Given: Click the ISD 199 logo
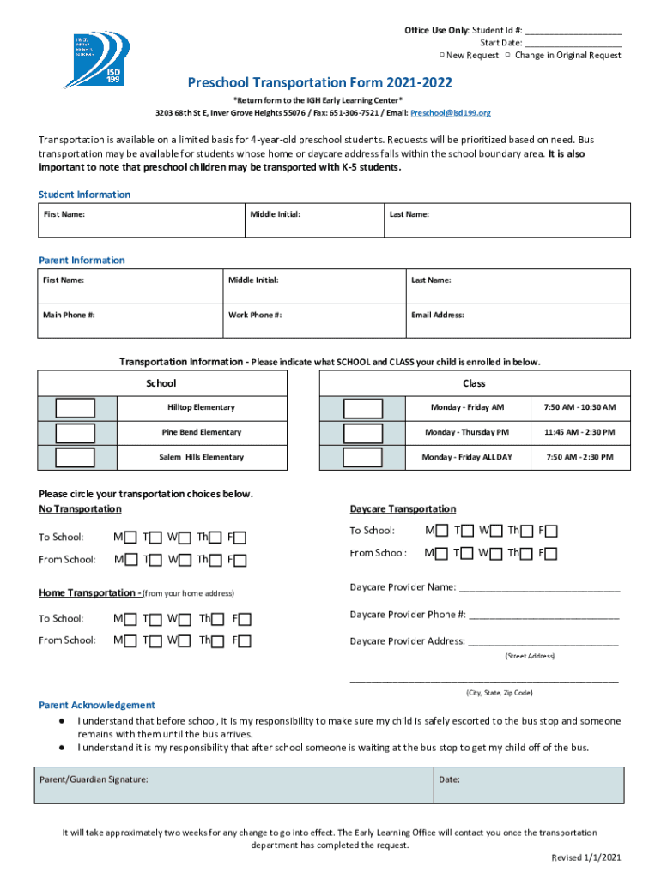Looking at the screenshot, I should point(98,60).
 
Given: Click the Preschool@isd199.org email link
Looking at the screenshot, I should point(450,113).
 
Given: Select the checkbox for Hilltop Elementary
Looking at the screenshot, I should point(76,407).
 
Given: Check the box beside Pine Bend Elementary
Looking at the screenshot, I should point(76,432).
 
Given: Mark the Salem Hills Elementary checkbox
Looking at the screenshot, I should point(76,457).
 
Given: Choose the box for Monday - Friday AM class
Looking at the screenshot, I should point(362,407).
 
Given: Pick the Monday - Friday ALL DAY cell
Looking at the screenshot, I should point(466,457).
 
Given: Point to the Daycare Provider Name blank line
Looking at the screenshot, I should point(540,587).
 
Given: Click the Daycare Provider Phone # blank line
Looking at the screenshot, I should point(543,615).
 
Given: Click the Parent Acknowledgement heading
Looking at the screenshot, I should point(97,705).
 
